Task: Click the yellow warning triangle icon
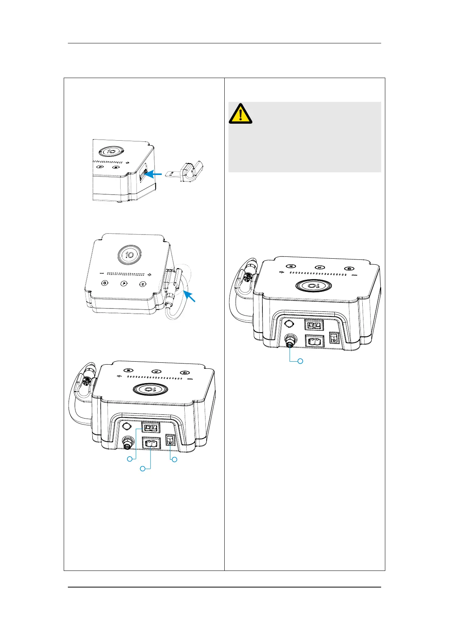coord(241,114)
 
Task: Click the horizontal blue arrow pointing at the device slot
coord(155,174)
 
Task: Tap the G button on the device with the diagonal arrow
coord(104,283)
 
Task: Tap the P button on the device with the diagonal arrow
coord(123,284)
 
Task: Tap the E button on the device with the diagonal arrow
coord(143,284)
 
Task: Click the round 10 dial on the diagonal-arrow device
coord(129,255)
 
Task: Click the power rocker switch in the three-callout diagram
coord(170,440)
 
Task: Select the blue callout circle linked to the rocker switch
coord(174,459)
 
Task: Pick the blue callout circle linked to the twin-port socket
coord(130,459)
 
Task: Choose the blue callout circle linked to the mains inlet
coord(143,468)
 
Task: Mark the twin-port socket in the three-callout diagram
coord(150,428)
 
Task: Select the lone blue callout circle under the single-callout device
coord(300,361)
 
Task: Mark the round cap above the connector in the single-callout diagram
coord(289,324)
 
